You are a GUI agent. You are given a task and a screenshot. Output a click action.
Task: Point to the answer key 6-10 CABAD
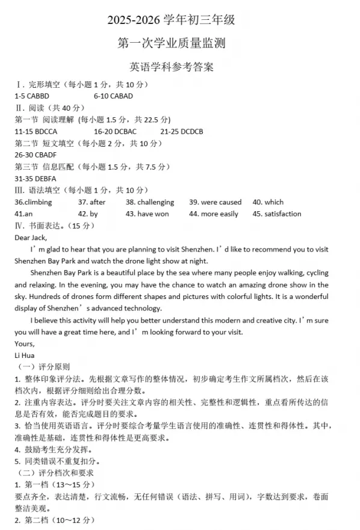click(113, 96)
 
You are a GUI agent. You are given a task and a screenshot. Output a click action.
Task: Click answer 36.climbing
click(33, 202)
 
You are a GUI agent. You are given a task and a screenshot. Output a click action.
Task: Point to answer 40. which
click(268, 202)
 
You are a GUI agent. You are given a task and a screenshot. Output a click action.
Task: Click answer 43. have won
click(147, 214)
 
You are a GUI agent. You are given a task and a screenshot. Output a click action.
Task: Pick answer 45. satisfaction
click(277, 214)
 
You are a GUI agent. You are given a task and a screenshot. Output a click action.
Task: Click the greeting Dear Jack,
click(30, 238)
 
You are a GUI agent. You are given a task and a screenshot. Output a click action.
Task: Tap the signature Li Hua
click(25, 355)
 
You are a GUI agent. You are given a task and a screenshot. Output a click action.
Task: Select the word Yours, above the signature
click(25, 344)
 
